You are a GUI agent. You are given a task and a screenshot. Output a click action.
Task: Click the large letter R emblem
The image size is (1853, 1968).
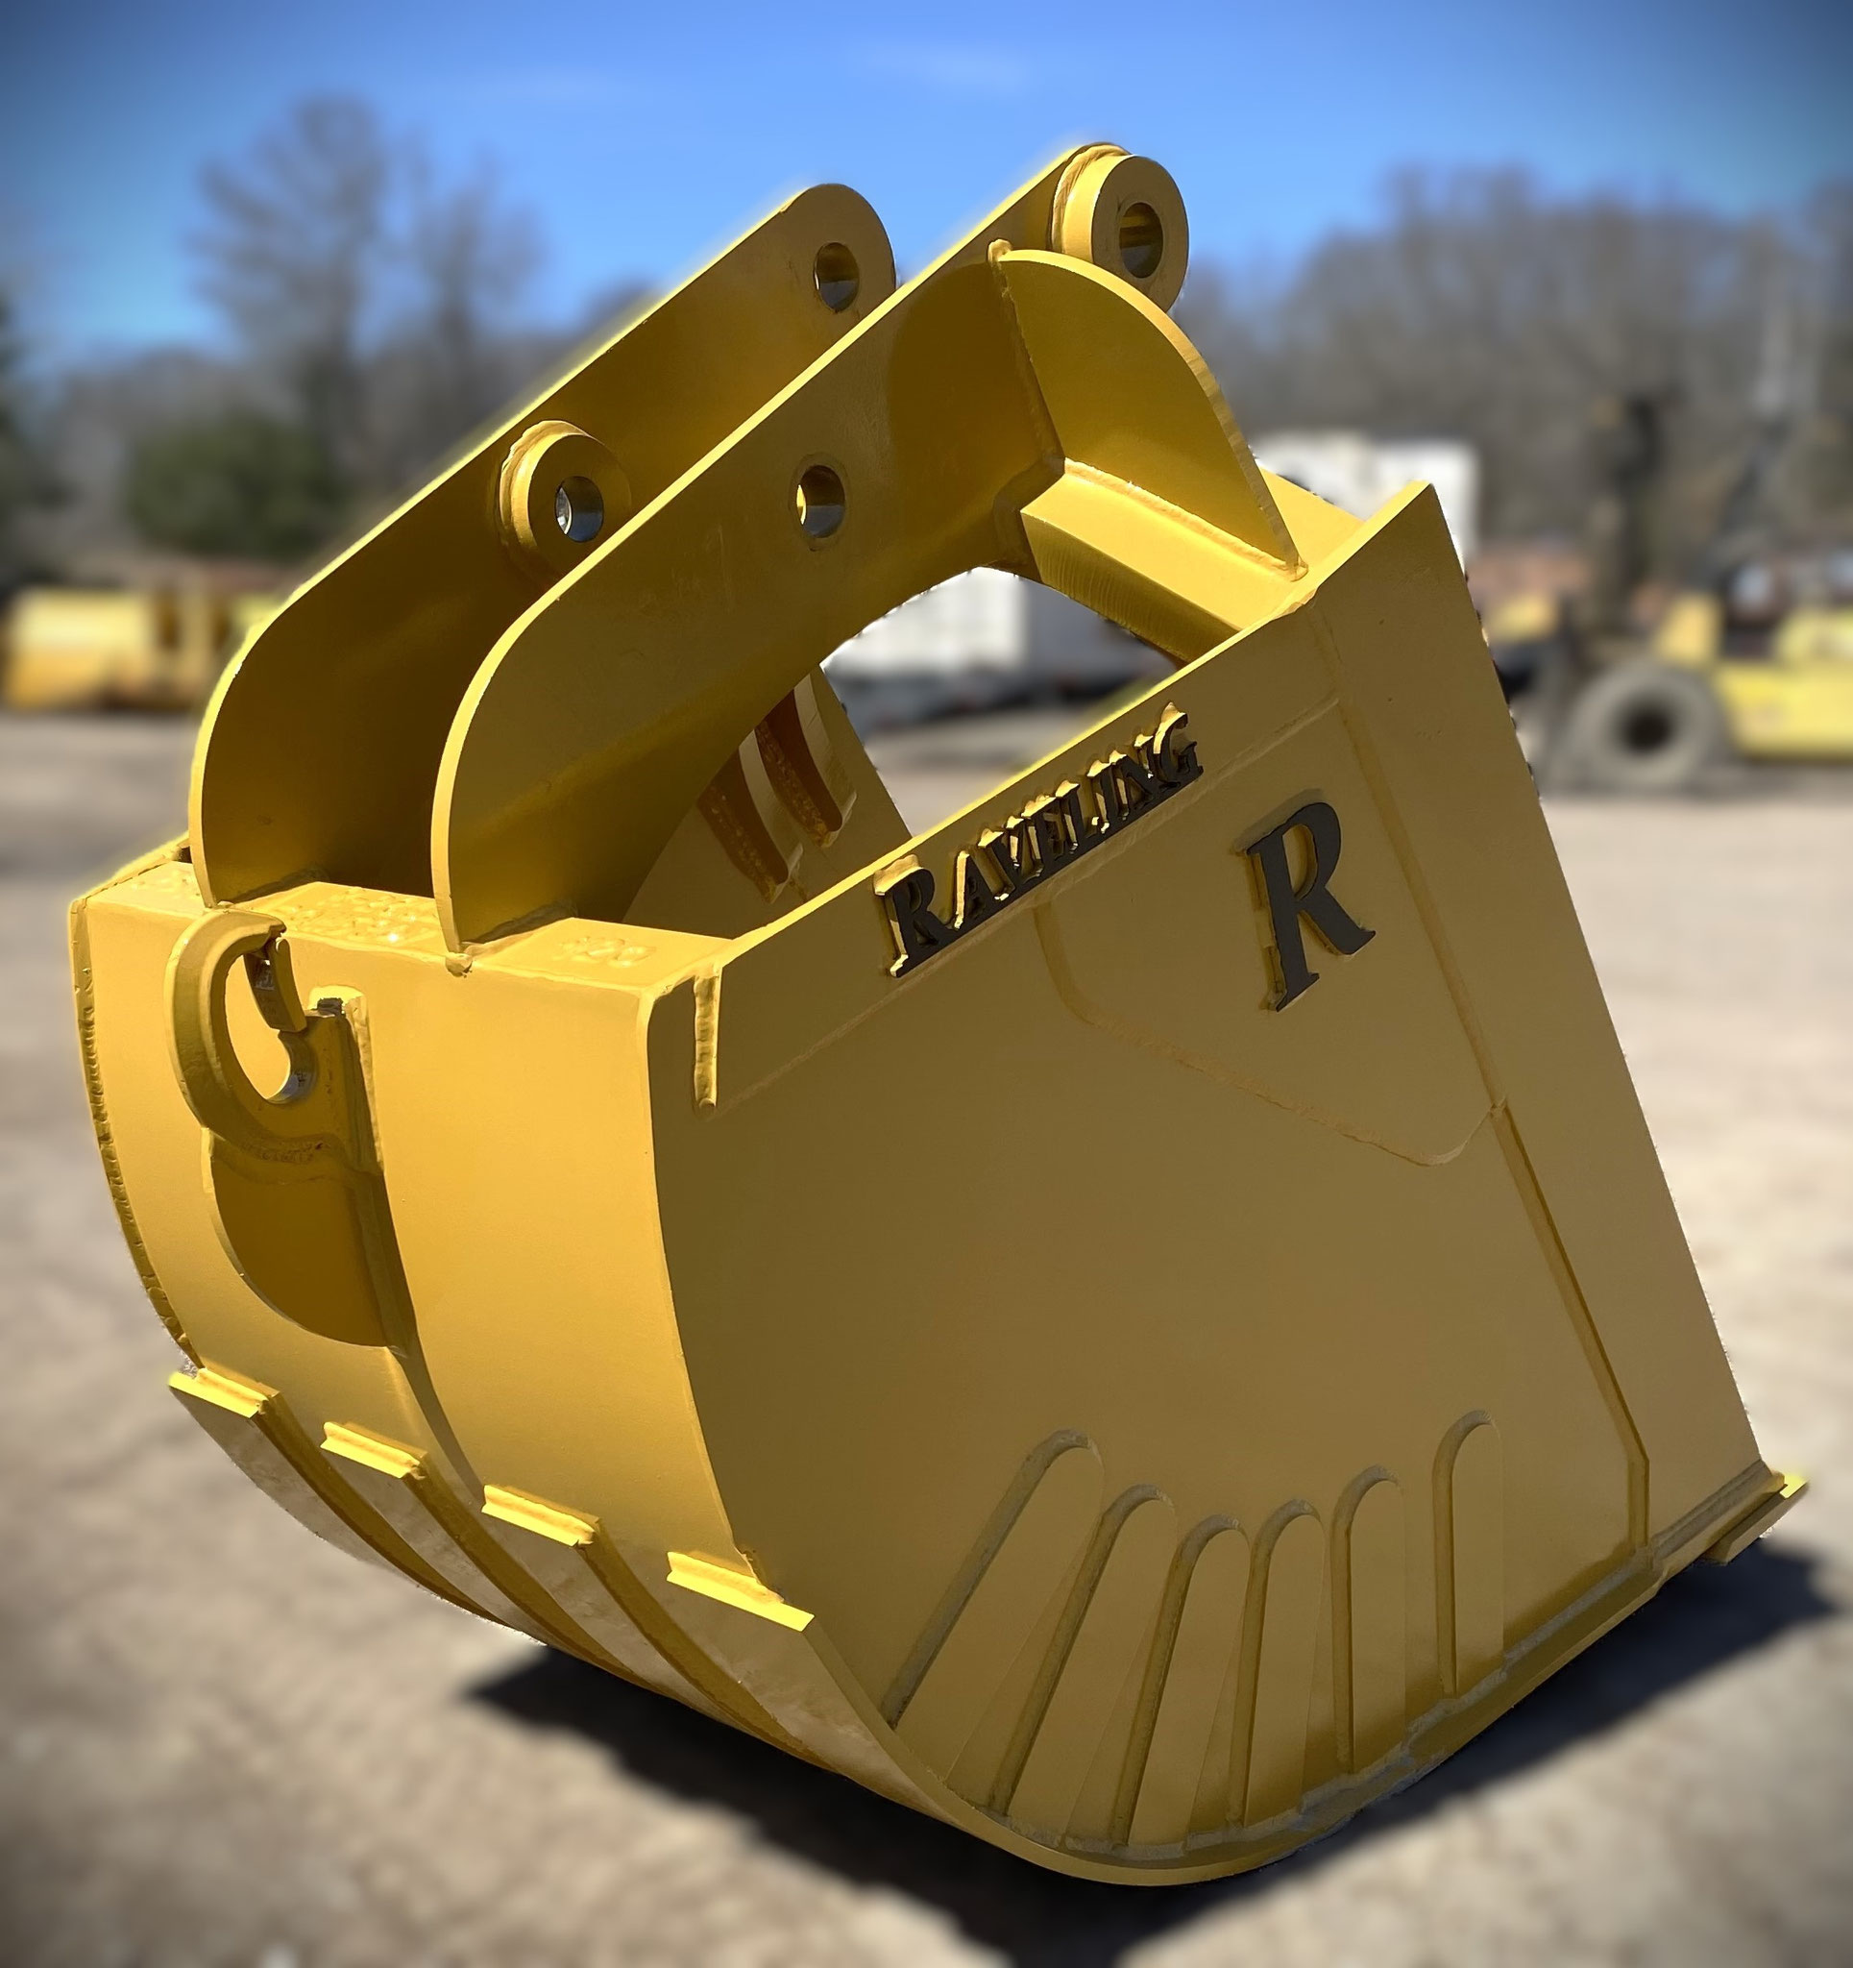click(x=1306, y=907)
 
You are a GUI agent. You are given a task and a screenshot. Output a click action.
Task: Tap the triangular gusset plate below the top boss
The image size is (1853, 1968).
click(x=1138, y=396)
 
